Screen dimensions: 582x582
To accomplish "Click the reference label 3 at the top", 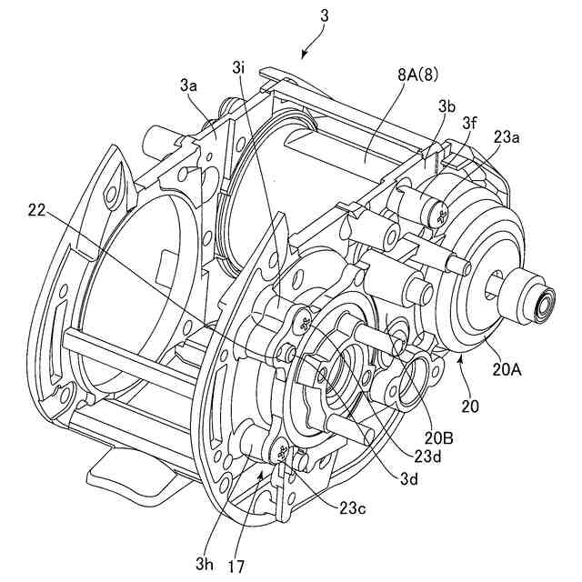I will pos(324,15).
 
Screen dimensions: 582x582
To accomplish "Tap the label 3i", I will pos(238,67).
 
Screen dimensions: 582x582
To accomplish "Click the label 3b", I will pos(446,106).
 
